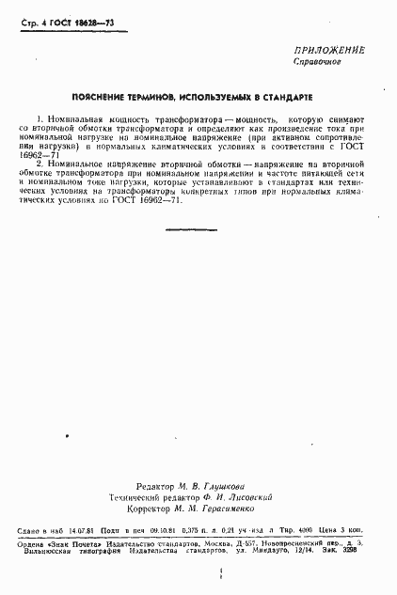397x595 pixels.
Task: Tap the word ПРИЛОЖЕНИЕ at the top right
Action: pos(328,50)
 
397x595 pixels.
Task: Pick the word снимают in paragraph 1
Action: pos(344,121)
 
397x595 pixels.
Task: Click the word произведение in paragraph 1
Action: pos(306,131)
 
